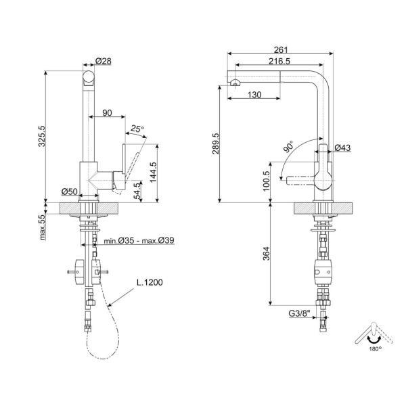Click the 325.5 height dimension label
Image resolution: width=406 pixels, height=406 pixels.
42,136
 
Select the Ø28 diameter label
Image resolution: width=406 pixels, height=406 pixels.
104,61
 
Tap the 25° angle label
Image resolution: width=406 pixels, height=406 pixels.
137,129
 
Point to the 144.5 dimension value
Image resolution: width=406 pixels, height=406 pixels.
154,172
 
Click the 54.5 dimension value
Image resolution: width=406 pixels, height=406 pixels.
139,191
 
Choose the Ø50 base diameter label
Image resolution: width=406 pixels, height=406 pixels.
70,191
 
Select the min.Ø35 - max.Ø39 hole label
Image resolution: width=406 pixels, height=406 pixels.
139,240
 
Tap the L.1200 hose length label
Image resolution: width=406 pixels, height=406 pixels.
150,282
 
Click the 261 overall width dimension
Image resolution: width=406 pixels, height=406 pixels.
281,49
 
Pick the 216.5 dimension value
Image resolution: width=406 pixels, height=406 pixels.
279,62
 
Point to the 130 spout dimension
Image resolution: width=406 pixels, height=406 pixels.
254,95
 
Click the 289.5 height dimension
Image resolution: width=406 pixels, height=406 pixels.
216,143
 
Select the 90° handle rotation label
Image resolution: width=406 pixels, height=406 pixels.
288,147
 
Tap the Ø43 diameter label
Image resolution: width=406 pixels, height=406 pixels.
342,148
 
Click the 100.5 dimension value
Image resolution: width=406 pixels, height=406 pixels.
267,181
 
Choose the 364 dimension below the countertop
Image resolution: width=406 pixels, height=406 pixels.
267,254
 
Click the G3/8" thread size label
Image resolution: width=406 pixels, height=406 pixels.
299,313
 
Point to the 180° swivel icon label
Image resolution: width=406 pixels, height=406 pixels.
375,348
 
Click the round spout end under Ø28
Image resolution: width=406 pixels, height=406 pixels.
89,78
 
